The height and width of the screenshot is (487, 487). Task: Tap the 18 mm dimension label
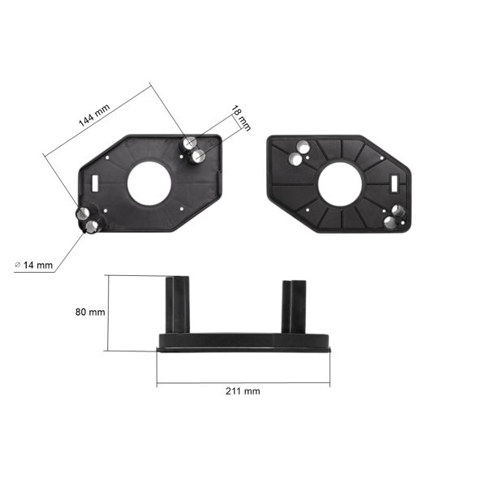click(x=241, y=119)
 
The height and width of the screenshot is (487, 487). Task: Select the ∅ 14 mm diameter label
click(x=34, y=265)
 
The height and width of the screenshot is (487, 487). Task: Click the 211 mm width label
click(x=243, y=391)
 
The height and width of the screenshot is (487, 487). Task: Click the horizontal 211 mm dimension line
click(x=243, y=381)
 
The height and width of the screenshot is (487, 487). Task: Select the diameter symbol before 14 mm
click(x=18, y=265)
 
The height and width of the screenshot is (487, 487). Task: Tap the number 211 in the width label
click(x=235, y=391)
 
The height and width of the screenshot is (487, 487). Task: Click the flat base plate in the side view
click(x=243, y=340)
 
